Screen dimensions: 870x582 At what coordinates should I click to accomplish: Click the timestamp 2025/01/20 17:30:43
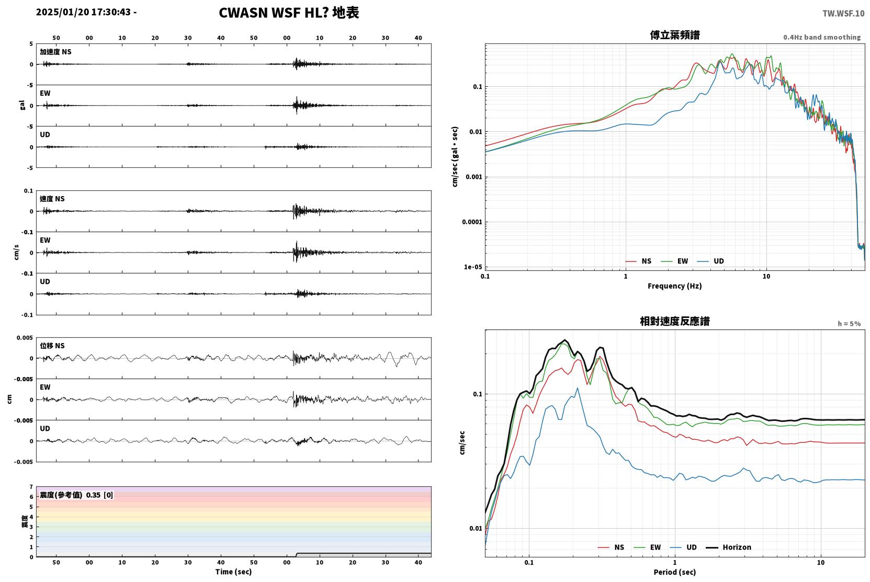pos(83,12)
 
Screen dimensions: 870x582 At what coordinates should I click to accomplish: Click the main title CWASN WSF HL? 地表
pos(289,13)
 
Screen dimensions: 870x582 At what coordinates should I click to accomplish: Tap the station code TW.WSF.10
pos(843,14)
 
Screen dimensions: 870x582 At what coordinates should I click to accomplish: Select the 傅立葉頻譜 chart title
pos(675,36)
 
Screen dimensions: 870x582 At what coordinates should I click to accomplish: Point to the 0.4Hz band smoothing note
pos(822,37)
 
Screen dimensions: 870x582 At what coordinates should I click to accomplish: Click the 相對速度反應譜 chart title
pos(675,322)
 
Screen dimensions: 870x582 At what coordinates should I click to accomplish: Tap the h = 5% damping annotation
pos(849,324)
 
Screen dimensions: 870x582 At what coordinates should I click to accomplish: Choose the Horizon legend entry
pos(728,547)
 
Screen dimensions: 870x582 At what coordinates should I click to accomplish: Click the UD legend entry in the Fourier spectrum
pos(710,261)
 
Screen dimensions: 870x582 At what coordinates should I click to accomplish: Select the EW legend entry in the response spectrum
pos(647,547)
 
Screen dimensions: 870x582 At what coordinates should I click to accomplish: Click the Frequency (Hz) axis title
pos(675,286)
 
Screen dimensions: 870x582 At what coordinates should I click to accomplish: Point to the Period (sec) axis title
pos(675,572)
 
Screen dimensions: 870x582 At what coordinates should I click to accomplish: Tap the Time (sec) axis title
pos(233,572)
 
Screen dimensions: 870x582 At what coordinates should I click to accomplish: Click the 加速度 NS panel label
pos(55,52)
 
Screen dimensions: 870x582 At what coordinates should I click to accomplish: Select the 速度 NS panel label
pos(52,199)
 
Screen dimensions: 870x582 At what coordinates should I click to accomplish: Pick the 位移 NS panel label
pos(52,346)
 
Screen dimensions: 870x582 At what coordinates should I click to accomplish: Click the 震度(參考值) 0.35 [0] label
pos(76,495)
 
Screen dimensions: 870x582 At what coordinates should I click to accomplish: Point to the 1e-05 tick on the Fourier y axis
pos(473,267)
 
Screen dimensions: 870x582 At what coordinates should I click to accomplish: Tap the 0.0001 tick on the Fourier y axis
pos(472,222)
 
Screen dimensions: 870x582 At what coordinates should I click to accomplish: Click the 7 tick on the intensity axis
pos(31,487)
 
